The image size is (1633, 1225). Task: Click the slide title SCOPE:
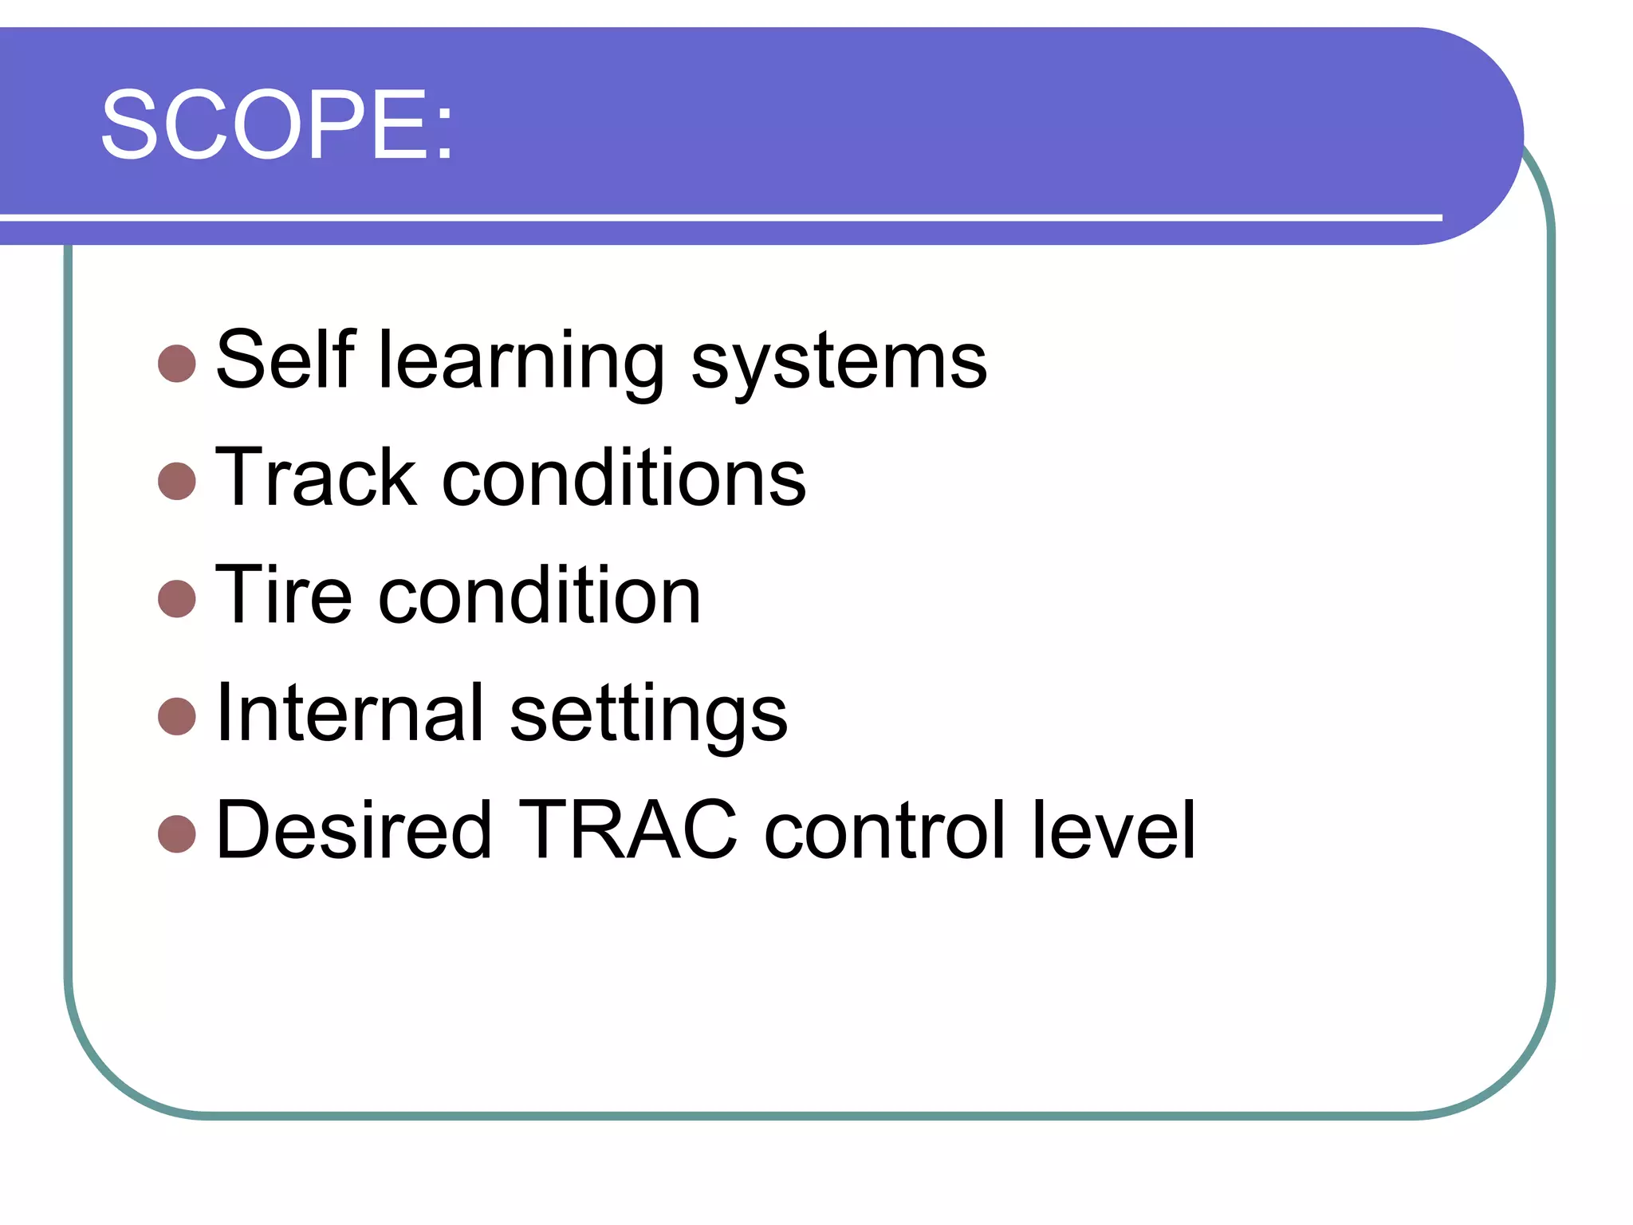click(x=277, y=125)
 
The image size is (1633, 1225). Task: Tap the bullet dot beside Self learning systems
click(x=177, y=364)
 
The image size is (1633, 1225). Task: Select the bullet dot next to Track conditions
click(x=177, y=481)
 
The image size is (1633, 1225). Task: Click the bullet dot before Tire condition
click(x=177, y=599)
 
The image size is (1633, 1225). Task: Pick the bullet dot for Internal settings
click(x=177, y=716)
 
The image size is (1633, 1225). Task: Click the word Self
click(x=285, y=360)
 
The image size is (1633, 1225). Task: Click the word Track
click(x=316, y=477)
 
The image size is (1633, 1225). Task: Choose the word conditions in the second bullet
click(x=624, y=477)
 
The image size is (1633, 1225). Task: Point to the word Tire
click(x=283, y=595)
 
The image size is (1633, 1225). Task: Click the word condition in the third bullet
click(x=539, y=595)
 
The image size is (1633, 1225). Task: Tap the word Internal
click(x=349, y=712)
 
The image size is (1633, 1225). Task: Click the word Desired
click(x=353, y=830)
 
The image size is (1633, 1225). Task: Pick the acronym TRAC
click(x=628, y=830)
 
